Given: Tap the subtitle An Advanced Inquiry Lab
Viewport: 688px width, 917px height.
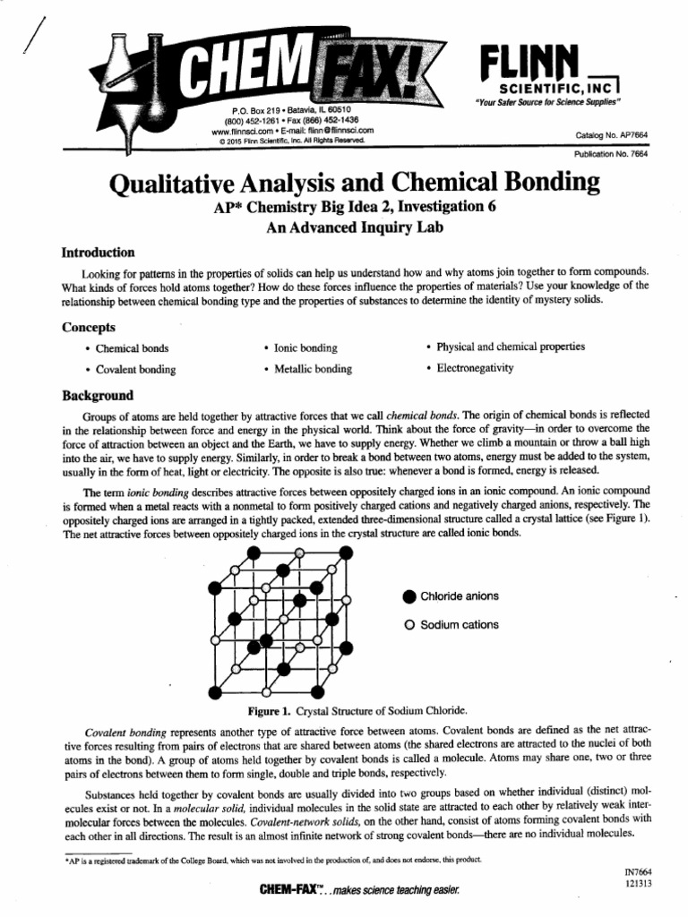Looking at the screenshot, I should pyautogui.click(x=353, y=227).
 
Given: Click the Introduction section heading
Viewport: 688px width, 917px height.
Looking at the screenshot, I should pyautogui.click(x=98, y=253).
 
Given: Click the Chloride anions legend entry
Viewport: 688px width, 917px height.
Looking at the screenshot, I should pyautogui.click(x=459, y=596).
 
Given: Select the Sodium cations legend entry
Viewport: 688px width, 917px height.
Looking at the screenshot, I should pyautogui.click(x=459, y=624).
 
